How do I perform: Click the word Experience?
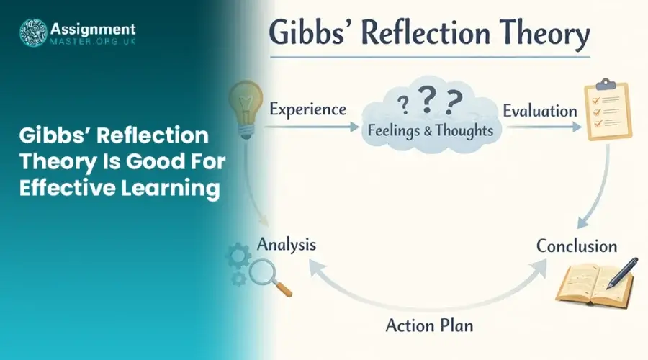307,109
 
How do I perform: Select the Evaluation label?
539,111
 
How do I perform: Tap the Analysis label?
287,245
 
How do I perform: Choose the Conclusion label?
576,246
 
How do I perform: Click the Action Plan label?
430,325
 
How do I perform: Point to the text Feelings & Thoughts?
431,131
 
